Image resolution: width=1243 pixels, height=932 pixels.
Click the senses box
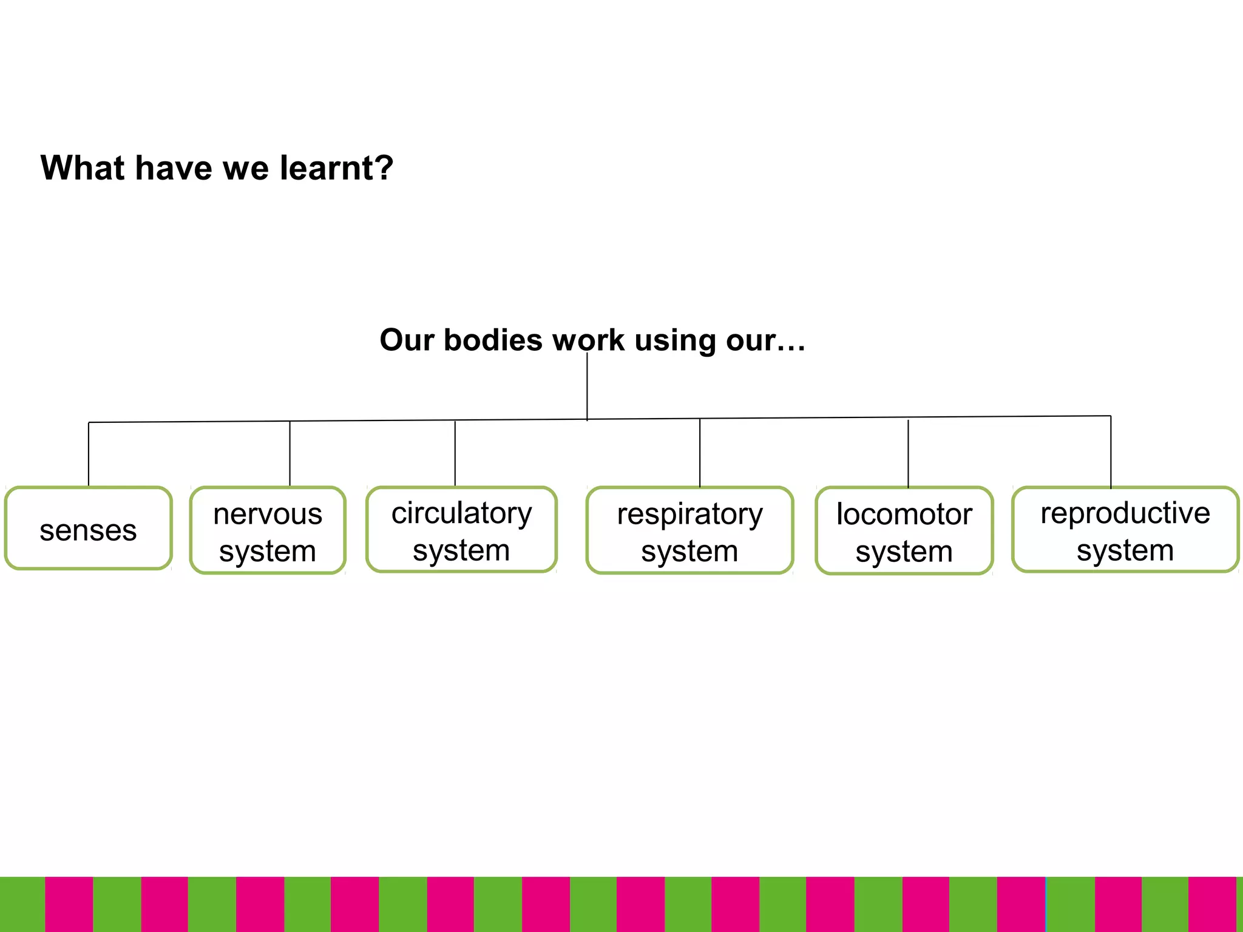(89, 528)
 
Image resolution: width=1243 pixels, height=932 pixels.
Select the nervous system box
(268, 530)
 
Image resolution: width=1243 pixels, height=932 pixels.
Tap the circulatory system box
(461, 529)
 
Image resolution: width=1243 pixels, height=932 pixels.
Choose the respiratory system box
(689, 530)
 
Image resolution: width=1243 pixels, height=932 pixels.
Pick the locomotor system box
(904, 531)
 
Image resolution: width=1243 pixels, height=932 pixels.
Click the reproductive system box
(1125, 529)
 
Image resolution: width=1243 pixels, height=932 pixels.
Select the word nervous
(268, 514)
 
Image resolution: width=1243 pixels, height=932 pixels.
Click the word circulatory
(461, 513)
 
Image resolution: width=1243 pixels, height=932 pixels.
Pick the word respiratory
(689, 515)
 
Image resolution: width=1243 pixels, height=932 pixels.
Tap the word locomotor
(904, 514)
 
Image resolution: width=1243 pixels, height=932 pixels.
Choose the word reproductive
(1125, 513)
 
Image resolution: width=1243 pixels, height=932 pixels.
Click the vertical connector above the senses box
(89, 454)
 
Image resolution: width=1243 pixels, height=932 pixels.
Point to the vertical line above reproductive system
(1111, 451)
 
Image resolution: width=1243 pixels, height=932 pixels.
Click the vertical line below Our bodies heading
(587, 388)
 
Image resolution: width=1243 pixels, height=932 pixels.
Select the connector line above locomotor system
(908, 453)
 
